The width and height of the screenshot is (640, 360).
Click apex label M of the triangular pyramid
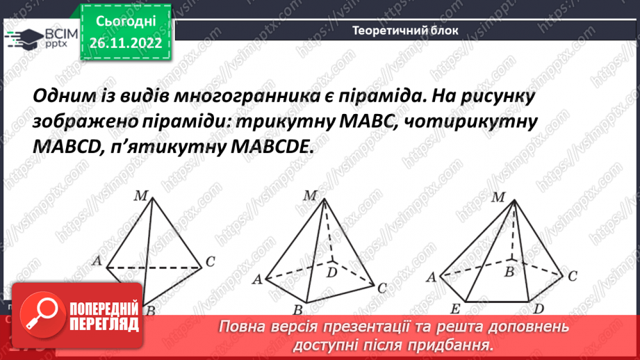(x=140, y=197)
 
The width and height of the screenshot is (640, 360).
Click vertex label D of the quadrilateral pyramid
(x=331, y=272)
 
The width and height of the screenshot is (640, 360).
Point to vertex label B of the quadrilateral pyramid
(x=297, y=309)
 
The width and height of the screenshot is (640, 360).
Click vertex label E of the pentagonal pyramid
(x=454, y=309)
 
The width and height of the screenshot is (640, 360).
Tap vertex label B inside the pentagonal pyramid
(x=509, y=270)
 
